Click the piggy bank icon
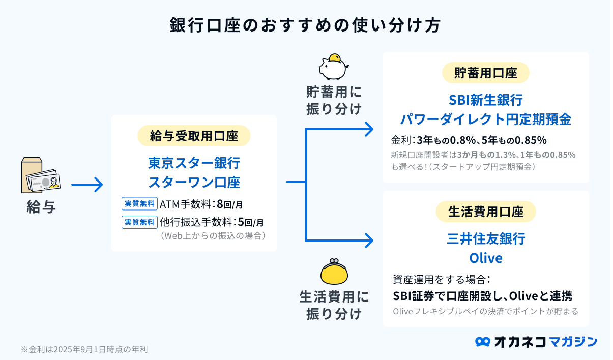[334, 67]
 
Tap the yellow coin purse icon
[334, 272]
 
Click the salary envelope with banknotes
[41, 175]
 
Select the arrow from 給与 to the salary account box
[87, 185]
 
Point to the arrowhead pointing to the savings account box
[369, 129]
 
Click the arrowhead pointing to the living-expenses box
[369, 241]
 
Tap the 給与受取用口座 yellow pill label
[194, 136]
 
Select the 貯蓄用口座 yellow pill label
[486, 73]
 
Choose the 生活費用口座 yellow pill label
[486, 212]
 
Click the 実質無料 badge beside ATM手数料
[139, 203]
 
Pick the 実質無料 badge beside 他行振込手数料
[139, 222]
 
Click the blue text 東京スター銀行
[194, 163]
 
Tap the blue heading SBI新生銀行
[486, 100]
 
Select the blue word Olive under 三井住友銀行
[486, 258]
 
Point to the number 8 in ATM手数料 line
[220, 204]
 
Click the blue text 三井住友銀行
[486, 238]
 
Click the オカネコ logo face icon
[482, 342]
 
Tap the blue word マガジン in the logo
[573, 342]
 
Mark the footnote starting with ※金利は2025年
[84, 349]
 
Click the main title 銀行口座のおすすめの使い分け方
[305, 25]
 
